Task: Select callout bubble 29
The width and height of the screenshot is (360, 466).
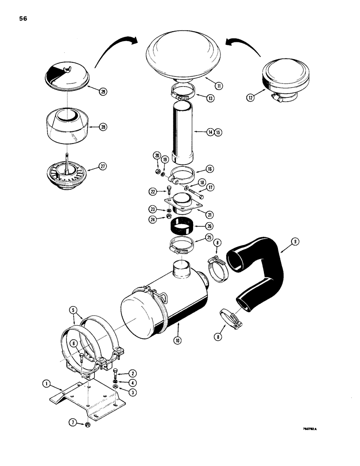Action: (x=103, y=92)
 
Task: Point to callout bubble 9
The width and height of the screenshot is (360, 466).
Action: (x=294, y=241)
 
